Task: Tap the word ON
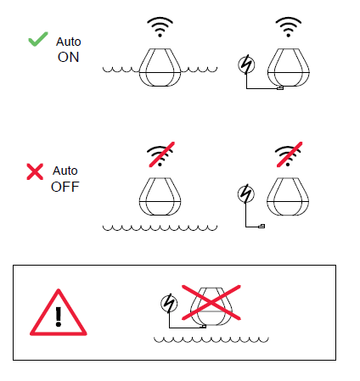tap(68, 57)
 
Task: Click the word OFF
tap(65, 187)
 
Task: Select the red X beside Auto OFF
tap(35, 171)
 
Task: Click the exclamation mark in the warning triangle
tap(59, 317)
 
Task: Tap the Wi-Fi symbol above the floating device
tap(160, 27)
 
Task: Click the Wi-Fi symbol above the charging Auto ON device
tap(289, 27)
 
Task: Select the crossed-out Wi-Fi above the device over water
tap(160, 154)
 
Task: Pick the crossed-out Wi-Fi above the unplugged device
tap(289, 154)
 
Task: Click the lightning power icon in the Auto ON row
tap(246, 64)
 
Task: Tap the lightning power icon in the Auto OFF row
tap(246, 194)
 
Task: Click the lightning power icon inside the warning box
tap(169, 303)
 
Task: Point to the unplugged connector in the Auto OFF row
tap(262, 226)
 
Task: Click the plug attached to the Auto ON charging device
tap(280, 88)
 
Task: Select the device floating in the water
tap(160, 67)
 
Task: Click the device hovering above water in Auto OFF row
tap(160, 197)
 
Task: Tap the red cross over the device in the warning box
tap(211, 303)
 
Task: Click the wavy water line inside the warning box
tap(211, 339)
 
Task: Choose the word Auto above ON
tap(69, 42)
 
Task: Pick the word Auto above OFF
tap(65, 171)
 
